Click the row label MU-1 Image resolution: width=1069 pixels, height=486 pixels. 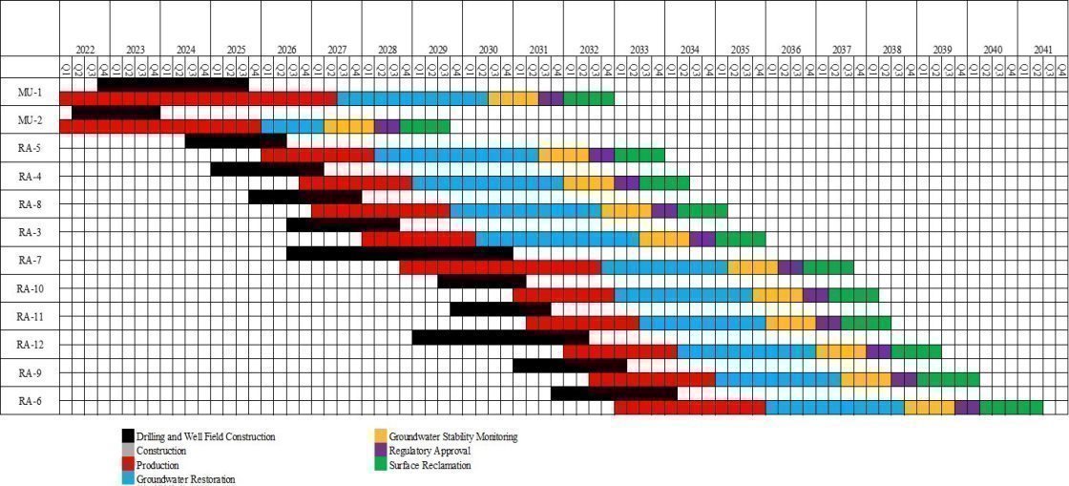point(29,92)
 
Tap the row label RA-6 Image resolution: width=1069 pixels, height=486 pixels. point(30,401)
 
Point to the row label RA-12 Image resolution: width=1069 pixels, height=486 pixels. point(30,345)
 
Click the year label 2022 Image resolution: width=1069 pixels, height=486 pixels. point(85,49)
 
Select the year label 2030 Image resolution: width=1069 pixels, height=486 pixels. point(488,49)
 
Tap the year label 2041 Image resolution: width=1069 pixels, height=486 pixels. point(1043,49)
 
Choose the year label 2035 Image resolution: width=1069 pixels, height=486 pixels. point(740,49)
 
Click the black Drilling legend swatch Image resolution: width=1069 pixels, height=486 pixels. point(128,436)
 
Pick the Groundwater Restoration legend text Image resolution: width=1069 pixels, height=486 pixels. point(185,479)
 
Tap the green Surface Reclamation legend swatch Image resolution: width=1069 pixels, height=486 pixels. point(381,465)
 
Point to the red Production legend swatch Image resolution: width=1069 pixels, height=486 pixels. point(128,465)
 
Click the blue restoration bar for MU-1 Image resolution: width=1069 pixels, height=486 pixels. point(412,98)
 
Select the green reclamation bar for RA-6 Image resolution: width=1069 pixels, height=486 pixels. point(1011,408)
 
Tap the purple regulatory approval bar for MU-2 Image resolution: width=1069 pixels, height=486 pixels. point(387,126)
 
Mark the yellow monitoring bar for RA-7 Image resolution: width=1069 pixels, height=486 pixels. point(752,267)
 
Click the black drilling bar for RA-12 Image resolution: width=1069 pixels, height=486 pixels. point(500,337)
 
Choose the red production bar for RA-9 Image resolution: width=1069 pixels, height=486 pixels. point(651,379)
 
